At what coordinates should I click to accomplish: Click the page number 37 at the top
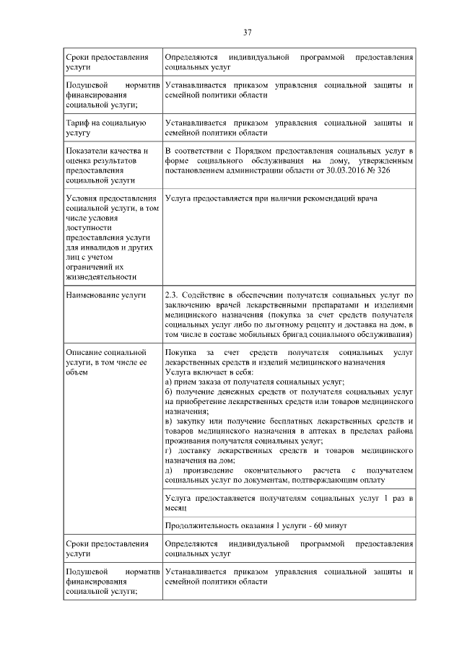point(247,32)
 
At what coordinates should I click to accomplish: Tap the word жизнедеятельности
point(100,276)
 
